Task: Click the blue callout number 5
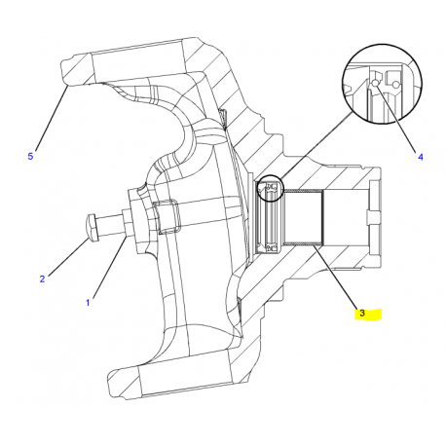point(30,156)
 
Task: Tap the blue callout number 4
point(421,157)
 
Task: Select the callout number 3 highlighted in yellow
point(362,314)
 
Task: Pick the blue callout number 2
point(42,279)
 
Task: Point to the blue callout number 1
point(88,303)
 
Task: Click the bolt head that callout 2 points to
point(92,227)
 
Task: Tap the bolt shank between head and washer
point(110,224)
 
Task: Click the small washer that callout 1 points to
point(127,224)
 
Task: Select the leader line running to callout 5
point(52,118)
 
